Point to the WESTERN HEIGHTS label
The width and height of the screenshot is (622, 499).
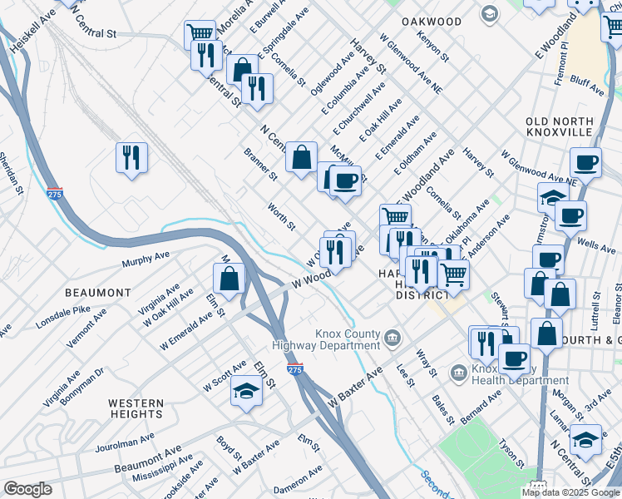pos(136,408)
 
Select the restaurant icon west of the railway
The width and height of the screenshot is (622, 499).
pos(131,156)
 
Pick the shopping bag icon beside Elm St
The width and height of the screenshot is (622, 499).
pos(229,278)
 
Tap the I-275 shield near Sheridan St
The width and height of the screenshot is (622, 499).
pos(55,194)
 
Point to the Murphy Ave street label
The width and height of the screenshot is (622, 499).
pos(146,259)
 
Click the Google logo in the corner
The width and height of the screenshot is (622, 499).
pos(27,489)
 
